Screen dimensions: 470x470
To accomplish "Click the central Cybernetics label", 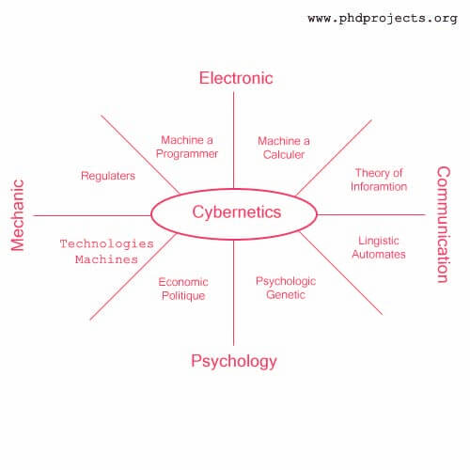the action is coord(237,212).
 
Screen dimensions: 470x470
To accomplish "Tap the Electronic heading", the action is coord(236,78).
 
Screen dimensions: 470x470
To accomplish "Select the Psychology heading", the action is coord(234,361).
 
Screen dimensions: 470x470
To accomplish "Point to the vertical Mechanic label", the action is coord(17,215).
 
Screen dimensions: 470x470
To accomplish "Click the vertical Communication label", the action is coord(444,225).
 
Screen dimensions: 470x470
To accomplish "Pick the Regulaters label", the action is coord(108,176).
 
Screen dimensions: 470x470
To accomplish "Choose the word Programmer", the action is coord(187,154).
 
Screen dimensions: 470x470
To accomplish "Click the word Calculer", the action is coord(284,154).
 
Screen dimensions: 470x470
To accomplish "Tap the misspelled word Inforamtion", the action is coord(379,187).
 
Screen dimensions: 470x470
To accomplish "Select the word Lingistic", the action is coord(379,241).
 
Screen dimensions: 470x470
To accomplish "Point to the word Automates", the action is coord(379,254).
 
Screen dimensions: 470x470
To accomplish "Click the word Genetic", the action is coord(286,295).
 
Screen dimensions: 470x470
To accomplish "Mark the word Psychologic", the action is coord(286,281).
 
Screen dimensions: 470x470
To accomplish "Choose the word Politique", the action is coord(183,296).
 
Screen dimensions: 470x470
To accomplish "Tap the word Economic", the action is coord(183,282).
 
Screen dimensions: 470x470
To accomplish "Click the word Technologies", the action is coord(107,243).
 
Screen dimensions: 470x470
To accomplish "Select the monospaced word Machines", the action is coord(106,259).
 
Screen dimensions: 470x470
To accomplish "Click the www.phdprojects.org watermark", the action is coord(383,19).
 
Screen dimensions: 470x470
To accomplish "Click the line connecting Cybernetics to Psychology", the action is coord(234,292).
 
